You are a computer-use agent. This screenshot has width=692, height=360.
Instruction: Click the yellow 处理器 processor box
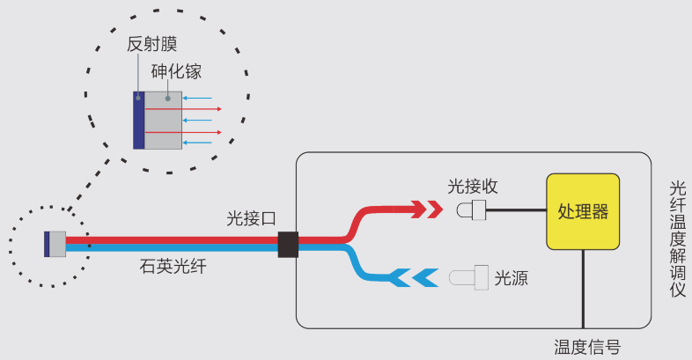coord(583,211)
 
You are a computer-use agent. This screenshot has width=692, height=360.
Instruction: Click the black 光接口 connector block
coord(288,245)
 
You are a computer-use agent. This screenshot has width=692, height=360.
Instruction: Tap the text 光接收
coord(473,186)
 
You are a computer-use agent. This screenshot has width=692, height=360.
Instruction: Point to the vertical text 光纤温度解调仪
coord(677,239)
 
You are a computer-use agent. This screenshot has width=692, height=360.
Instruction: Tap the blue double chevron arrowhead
coord(414,277)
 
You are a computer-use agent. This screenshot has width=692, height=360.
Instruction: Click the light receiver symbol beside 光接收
coord(472,210)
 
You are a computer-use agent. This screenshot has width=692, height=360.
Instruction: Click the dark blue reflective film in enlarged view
coord(139,120)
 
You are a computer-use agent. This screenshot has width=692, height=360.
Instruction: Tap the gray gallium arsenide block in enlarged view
coord(163,120)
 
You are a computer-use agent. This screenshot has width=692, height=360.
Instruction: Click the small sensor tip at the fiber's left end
coord(55,244)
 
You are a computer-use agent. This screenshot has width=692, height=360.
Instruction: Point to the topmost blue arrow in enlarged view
coord(198,98)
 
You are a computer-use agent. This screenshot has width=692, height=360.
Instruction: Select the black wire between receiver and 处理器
coord(516,210)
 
